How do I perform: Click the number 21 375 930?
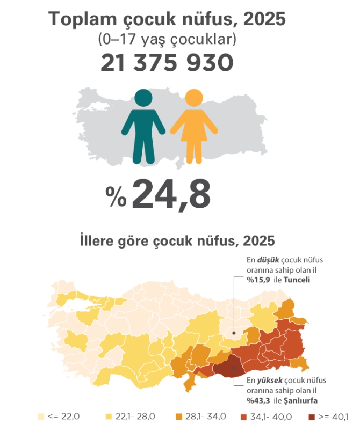coord(167,64)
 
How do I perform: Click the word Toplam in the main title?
coord(80,19)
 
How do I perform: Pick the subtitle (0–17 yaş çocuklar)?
coord(167,40)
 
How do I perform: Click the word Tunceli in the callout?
coord(297,280)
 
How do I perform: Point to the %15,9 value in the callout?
coord(256,280)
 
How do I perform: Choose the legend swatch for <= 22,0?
coord(40,417)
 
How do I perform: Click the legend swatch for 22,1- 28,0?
coord(108,417)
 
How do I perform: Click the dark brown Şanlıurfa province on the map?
coord(228,369)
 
